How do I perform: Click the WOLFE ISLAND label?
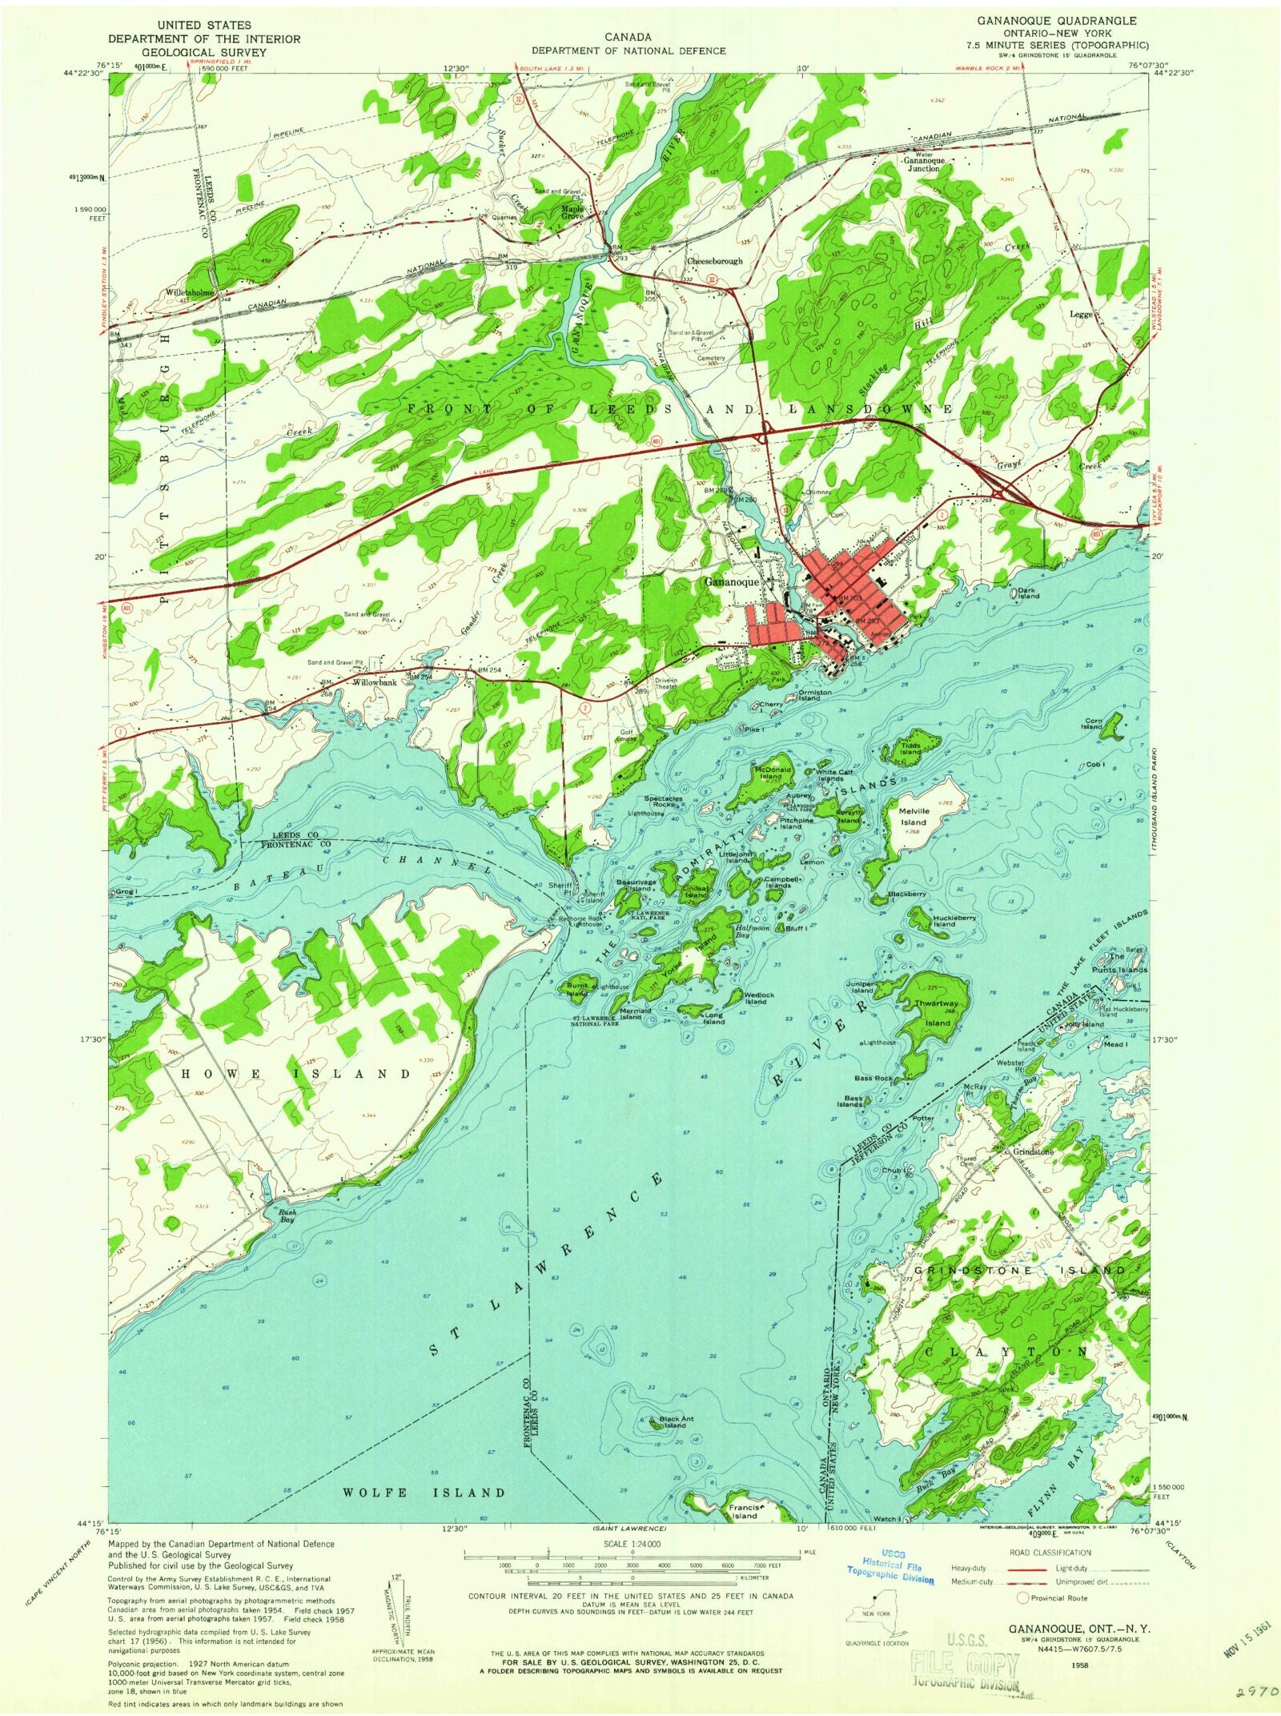424,1493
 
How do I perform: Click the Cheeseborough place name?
715,261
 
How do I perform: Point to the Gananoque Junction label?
925,164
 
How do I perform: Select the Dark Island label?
1029,593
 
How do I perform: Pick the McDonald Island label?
769,772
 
